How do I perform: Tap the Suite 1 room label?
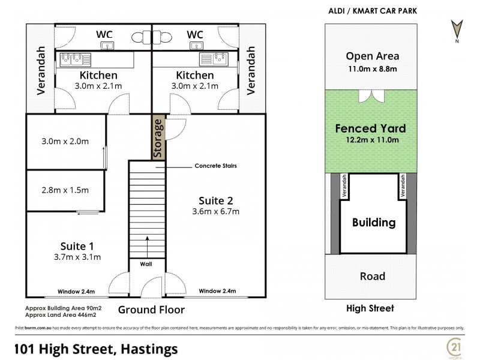pos(77,245)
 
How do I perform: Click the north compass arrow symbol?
pos(457,28)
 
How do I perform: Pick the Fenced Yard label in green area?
pos(370,128)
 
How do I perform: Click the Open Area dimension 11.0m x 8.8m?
pos(373,70)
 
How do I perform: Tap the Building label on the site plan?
pos(373,223)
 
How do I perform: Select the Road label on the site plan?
pos(373,277)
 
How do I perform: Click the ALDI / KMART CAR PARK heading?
pos(373,11)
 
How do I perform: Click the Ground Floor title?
pos(151,310)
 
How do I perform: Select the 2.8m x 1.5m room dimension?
pos(65,190)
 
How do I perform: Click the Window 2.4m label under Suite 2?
pos(218,292)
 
